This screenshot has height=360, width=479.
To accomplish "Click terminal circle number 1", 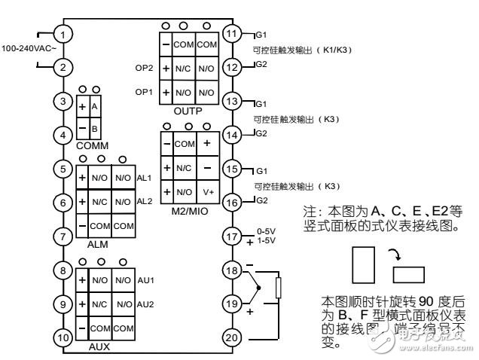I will click(65, 35).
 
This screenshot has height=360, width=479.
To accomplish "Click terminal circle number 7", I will click(65, 236).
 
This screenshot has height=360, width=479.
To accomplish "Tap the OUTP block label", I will click(188, 111).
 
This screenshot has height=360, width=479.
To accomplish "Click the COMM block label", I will click(89, 143).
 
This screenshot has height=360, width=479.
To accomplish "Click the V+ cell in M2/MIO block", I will click(207, 191).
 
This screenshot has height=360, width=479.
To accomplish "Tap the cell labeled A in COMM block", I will click(95, 106).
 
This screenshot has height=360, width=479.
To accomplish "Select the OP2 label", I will click(145, 68).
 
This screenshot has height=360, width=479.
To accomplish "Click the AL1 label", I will click(145, 178).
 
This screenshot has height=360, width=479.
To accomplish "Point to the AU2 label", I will click(145, 305).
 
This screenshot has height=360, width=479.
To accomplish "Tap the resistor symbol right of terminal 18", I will click(279, 288).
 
